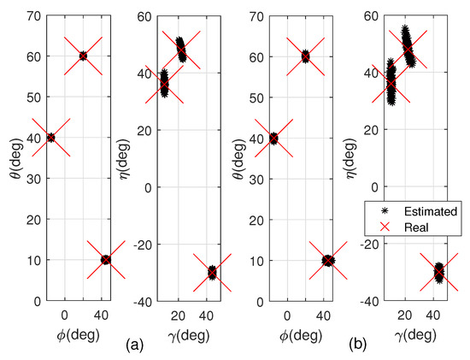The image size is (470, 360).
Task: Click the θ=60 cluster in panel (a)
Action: (x=83, y=56)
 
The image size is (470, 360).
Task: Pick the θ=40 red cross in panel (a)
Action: (x=50, y=138)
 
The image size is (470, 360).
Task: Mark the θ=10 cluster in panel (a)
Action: (x=106, y=259)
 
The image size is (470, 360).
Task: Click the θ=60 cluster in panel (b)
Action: (x=305, y=56)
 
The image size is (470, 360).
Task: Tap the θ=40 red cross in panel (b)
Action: (x=273, y=139)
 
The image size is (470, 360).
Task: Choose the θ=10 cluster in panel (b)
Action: (x=328, y=260)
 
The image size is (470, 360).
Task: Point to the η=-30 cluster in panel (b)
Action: (x=438, y=273)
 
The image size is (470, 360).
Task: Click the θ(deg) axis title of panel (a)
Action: (x=11, y=157)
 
